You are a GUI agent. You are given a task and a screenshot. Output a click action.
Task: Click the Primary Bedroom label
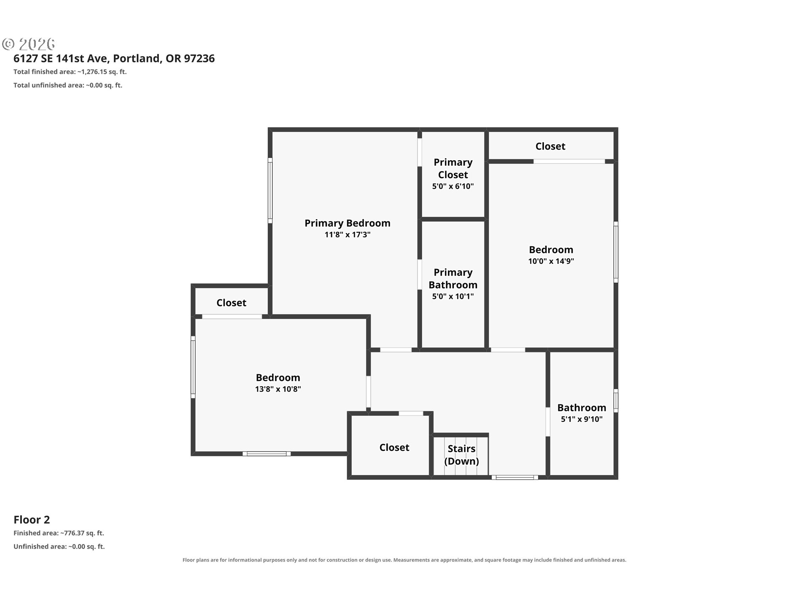pos(347,223)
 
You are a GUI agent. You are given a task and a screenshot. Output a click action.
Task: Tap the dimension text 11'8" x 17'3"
pos(347,234)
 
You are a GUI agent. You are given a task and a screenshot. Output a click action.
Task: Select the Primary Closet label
pos(453,168)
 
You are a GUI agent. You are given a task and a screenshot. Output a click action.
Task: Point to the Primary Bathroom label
pos(453,278)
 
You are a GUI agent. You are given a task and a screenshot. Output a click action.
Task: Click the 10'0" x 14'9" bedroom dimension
pos(551,261)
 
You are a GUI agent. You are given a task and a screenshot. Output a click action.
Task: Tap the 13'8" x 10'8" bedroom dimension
pos(278,389)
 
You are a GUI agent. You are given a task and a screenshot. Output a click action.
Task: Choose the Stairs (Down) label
pos(461,455)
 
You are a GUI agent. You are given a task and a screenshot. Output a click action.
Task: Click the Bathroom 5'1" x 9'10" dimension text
pos(582,419)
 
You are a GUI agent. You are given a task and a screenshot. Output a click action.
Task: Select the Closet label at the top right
pos(550,146)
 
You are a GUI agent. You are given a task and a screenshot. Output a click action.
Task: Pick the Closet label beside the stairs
pos(394,447)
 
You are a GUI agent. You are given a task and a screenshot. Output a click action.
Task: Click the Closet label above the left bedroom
pos(231,303)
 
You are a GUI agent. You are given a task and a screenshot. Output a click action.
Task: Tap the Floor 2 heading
pos(32,520)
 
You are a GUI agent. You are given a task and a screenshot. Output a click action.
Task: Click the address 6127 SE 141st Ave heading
pos(114,58)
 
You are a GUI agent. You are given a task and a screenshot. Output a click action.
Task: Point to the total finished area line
pos(70,72)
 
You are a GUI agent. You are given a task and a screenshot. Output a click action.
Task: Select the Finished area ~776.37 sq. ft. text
pos(59,533)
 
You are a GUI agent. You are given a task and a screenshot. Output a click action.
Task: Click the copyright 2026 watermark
pos(29,44)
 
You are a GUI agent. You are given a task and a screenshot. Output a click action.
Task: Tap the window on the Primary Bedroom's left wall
pos(270,190)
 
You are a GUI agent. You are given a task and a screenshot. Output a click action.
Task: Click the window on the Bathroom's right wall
pos(616,400)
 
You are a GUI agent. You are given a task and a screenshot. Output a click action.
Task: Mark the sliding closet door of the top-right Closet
pos(569,161)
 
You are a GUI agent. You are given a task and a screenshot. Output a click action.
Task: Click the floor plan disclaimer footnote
pos(404,560)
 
